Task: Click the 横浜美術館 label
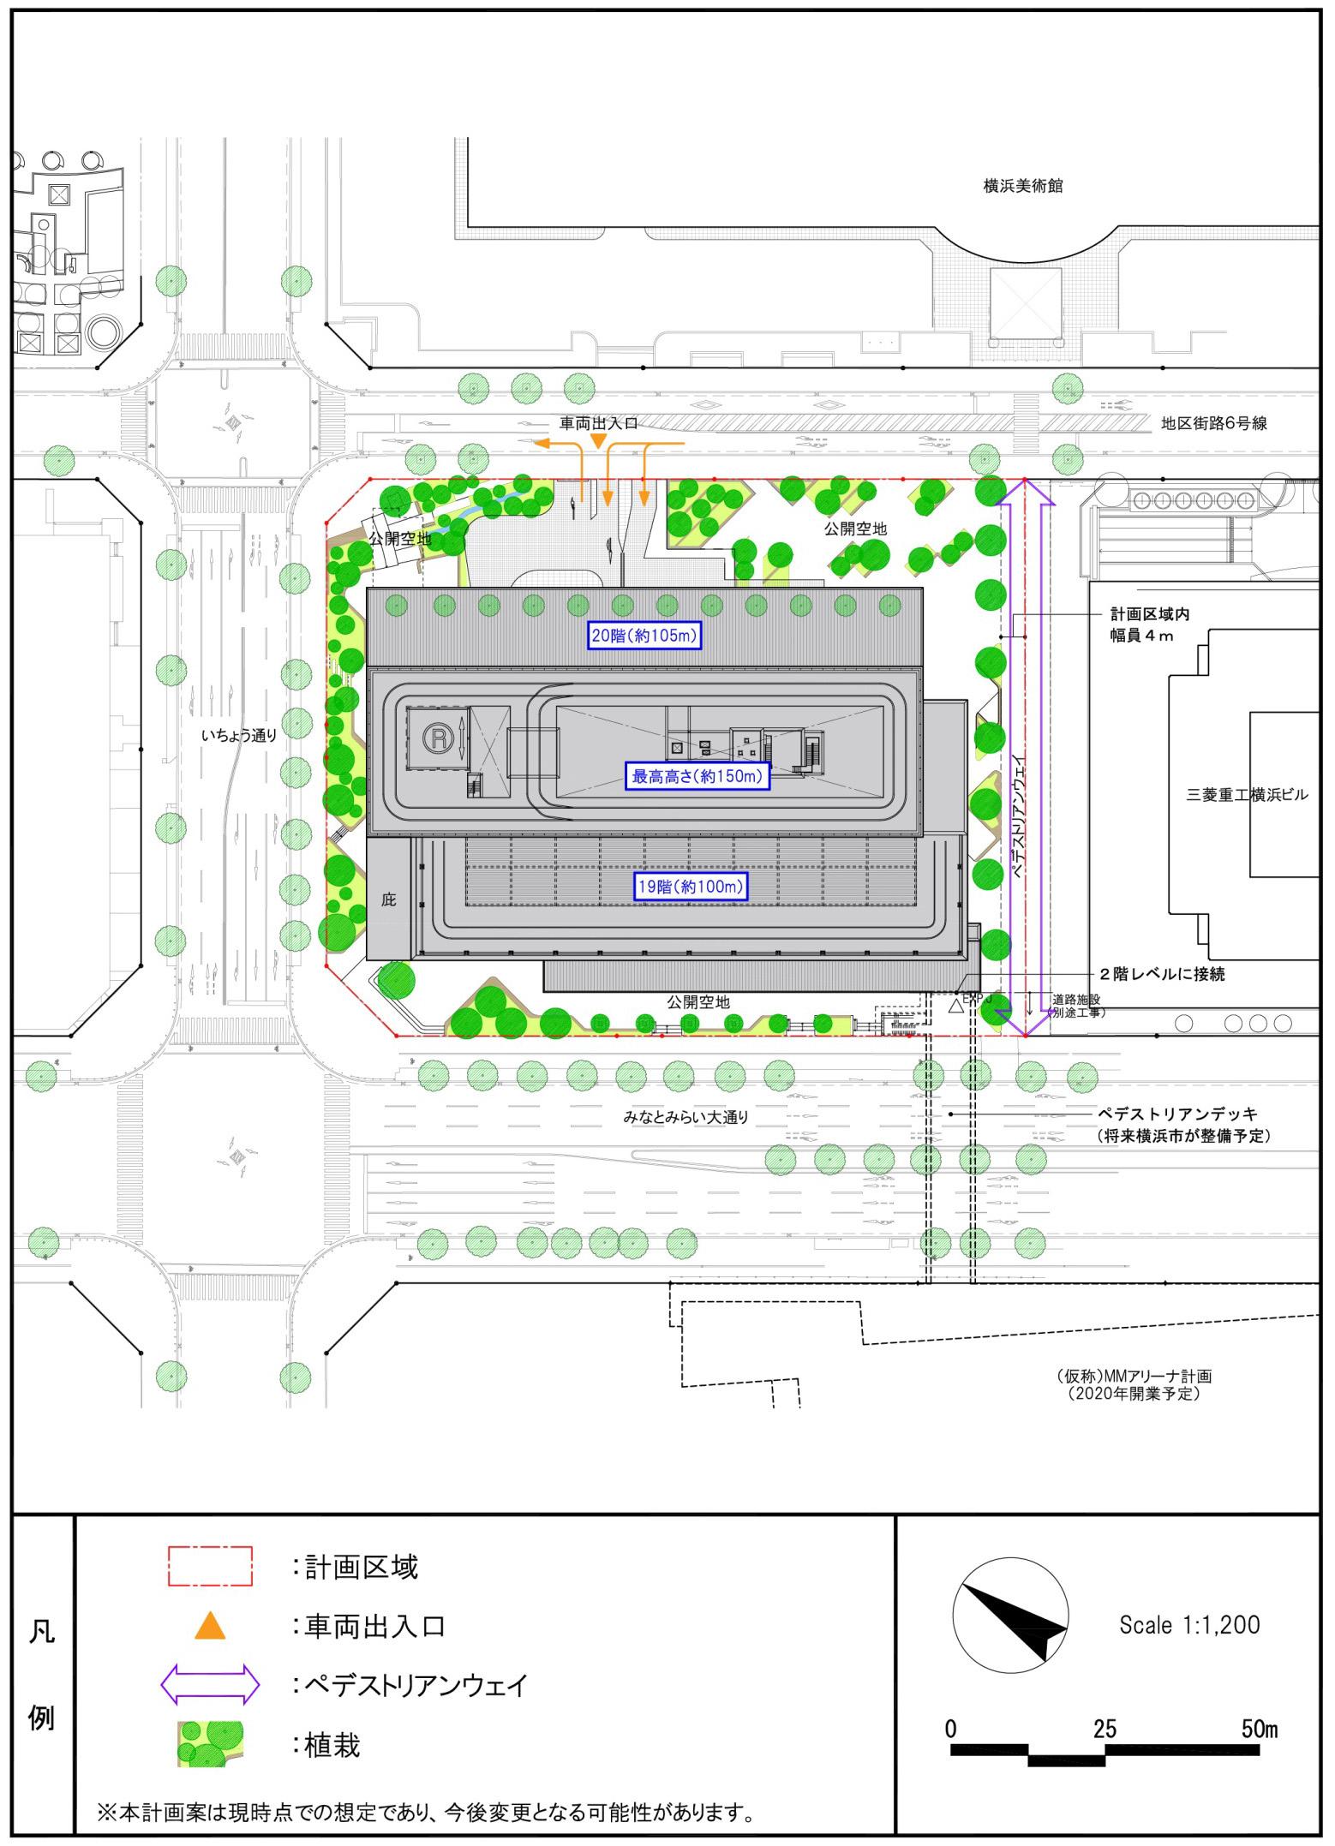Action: (1022, 186)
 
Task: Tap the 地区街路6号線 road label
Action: (1214, 423)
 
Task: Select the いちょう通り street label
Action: (239, 734)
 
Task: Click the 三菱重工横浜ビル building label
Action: (1247, 795)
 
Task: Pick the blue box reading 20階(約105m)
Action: (645, 636)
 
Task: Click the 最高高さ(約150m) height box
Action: (696, 777)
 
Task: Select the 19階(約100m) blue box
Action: (691, 887)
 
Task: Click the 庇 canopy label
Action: (388, 900)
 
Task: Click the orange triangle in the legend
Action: (210, 1627)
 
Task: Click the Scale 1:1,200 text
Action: (1189, 1624)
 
